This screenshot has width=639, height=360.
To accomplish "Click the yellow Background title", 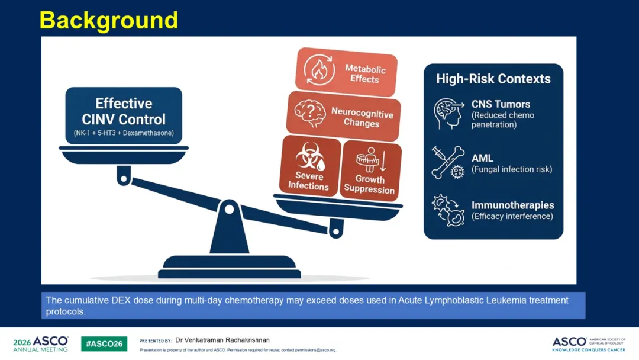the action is [x=109, y=20].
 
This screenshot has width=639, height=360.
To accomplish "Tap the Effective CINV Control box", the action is [x=124, y=116].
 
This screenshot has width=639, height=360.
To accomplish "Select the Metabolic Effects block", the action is [x=346, y=72].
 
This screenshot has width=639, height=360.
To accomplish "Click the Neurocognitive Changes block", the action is [x=344, y=116].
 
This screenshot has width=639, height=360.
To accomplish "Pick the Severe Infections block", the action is [x=309, y=166].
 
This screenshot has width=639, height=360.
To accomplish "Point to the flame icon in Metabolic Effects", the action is [x=319, y=70].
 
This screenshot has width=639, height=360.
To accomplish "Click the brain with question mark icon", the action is [x=309, y=113].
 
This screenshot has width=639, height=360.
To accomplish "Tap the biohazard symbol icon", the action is [x=310, y=156].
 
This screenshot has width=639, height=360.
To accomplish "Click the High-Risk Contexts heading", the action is [x=493, y=79].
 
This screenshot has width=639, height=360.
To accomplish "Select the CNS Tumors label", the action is [x=501, y=104].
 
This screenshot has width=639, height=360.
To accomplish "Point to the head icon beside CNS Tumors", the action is [x=448, y=114].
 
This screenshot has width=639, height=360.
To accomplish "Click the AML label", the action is [x=483, y=157].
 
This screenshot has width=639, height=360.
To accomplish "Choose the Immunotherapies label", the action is [x=512, y=205].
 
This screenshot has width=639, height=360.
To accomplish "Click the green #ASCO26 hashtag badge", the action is [x=104, y=343].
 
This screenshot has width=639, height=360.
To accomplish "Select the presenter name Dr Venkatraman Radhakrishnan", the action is [x=222, y=340].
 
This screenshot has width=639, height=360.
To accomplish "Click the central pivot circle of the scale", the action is [x=230, y=210].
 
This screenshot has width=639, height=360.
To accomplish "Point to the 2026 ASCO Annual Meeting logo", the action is [x=41, y=343].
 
